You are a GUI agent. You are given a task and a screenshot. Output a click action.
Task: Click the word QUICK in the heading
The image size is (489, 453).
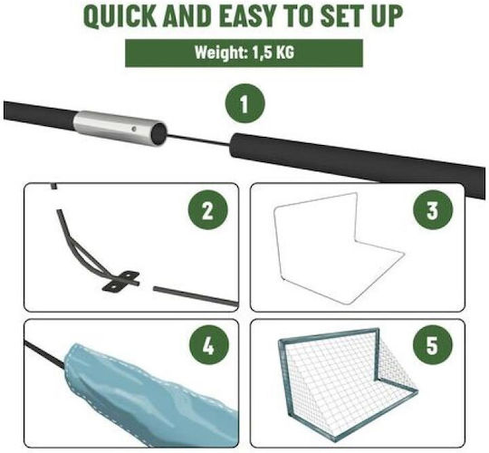click(120, 16)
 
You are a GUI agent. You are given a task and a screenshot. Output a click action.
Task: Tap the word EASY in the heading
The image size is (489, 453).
click(244, 16)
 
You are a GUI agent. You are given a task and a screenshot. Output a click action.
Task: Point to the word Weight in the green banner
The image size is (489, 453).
click(221, 53)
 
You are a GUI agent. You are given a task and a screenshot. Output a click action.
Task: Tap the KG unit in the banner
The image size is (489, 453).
click(284, 53)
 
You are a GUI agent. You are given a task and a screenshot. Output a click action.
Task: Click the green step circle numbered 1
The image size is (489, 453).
click(244, 103)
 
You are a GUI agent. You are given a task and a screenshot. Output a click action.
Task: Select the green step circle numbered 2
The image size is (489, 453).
click(207, 211)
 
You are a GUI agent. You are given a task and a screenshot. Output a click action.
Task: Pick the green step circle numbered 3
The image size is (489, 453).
click(433, 210)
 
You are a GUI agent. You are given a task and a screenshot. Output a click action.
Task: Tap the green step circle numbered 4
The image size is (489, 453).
click(208, 345)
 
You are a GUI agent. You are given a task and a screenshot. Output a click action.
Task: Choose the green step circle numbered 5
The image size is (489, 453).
click(433, 344)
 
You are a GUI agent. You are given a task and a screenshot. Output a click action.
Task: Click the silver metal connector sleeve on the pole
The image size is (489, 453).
click(120, 128)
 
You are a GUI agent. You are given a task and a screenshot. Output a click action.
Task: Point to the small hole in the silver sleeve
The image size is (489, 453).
click(133, 129)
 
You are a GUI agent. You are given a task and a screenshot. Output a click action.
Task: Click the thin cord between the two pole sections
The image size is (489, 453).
click(199, 140)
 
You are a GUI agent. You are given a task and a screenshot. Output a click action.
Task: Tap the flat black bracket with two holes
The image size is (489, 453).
click(120, 282)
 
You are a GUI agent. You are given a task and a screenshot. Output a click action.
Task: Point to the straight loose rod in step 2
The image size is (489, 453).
click(196, 295)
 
